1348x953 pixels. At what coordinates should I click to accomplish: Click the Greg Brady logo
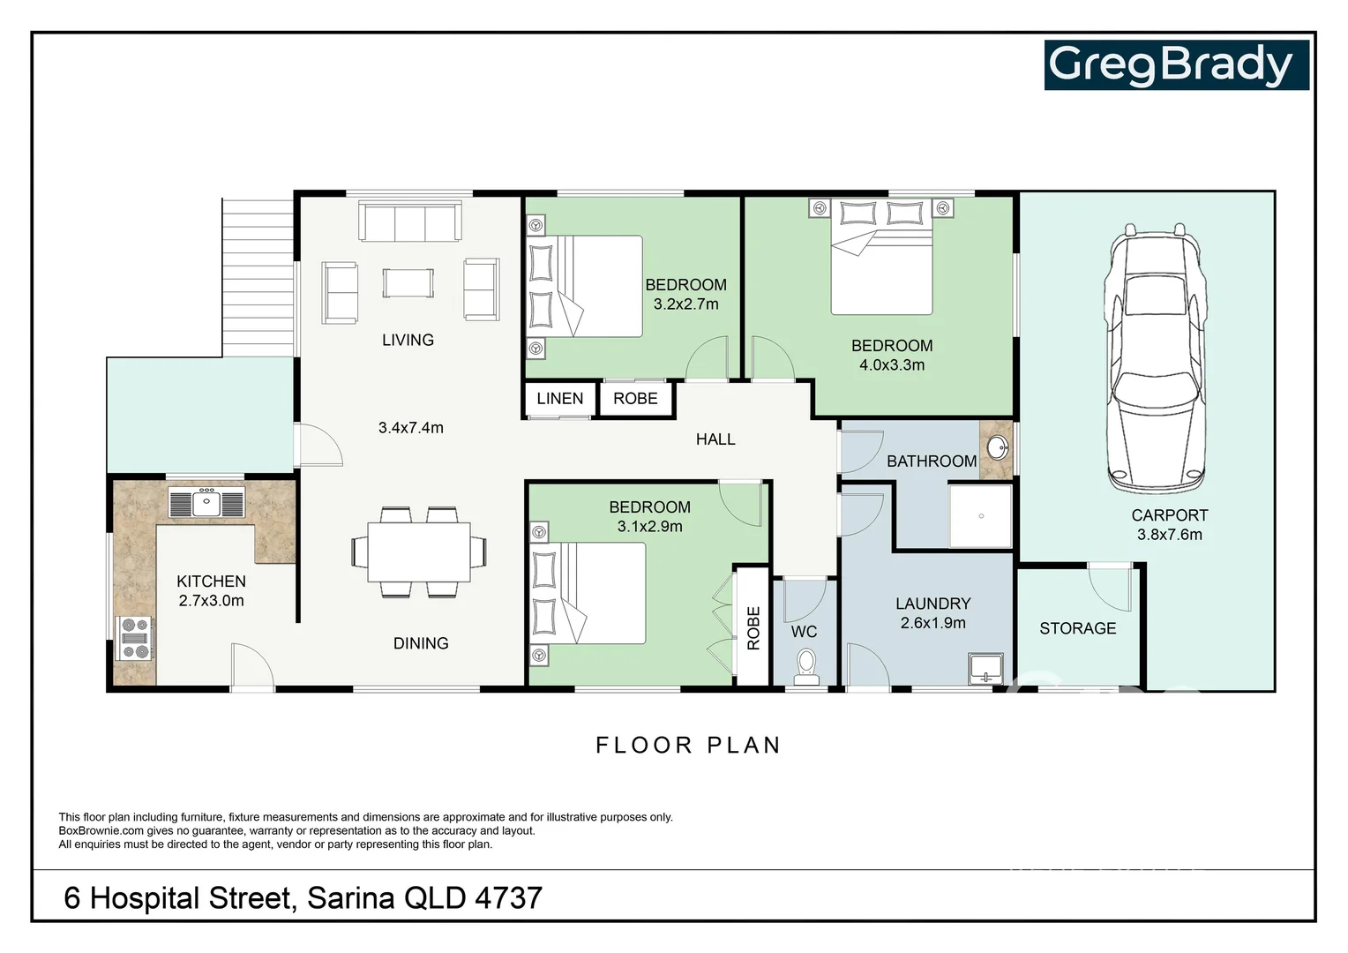(1177, 65)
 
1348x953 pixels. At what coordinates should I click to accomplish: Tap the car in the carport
(1155, 359)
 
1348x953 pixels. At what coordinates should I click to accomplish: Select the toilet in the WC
(805, 667)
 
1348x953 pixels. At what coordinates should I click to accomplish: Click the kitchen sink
(206, 502)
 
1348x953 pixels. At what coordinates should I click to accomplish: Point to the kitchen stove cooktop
(135, 638)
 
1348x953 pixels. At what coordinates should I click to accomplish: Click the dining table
(419, 552)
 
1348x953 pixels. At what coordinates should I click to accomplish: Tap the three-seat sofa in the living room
(410, 221)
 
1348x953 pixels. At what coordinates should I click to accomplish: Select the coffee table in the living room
(408, 283)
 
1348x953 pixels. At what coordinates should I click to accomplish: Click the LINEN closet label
(559, 399)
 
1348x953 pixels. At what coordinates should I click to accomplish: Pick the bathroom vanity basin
(997, 448)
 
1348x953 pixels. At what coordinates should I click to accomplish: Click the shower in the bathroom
(980, 516)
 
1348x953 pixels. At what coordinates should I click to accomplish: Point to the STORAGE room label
(1078, 628)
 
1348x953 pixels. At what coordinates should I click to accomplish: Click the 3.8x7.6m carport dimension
(1169, 535)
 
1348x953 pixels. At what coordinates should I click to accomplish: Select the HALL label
(715, 439)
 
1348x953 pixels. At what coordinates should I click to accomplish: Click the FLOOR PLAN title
(688, 746)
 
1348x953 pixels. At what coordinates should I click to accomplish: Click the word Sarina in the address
(351, 898)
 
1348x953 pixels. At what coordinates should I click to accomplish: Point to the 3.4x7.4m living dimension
(411, 428)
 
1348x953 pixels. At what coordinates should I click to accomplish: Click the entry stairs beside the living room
(258, 278)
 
